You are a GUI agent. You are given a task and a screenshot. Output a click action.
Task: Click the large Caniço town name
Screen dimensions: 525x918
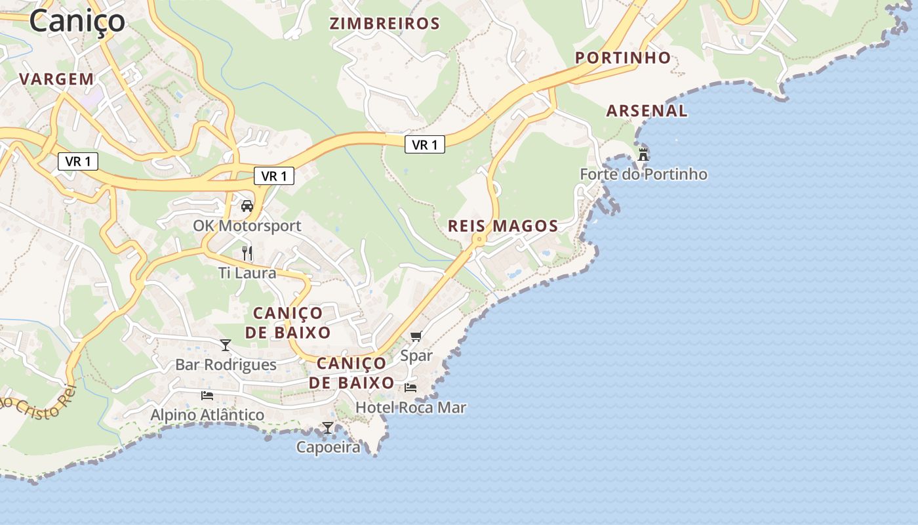[77, 20]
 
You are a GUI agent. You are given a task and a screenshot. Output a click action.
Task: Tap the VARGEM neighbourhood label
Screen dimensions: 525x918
[56, 79]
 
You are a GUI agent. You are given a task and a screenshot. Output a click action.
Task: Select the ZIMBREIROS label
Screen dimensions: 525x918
[384, 24]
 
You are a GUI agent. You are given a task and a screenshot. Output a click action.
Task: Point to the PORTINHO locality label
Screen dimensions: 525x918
[623, 58]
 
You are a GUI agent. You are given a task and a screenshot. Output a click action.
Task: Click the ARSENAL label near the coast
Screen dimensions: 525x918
[647, 111]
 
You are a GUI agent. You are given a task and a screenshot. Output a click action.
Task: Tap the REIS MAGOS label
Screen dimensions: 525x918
[503, 226]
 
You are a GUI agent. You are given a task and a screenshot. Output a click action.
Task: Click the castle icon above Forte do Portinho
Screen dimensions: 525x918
[643, 155]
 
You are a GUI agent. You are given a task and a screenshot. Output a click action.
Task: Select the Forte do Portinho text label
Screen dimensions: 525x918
[643, 175]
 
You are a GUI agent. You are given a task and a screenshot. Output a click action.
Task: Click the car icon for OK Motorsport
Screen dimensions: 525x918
[247, 206]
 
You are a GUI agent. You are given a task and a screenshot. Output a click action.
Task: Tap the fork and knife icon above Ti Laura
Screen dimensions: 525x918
[247, 253]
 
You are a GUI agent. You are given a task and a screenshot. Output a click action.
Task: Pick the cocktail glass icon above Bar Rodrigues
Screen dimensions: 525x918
[226, 345]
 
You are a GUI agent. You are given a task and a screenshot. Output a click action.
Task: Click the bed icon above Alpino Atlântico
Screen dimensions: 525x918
[207, 396]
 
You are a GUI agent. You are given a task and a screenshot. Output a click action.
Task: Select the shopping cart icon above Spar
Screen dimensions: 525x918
[416, 337]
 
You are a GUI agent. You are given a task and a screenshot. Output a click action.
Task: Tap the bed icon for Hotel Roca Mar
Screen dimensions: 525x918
[410, 388]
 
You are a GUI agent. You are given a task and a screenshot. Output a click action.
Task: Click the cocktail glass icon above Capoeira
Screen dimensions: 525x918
[327, 428]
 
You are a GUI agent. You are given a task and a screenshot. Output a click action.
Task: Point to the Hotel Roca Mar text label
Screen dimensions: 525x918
[410, 408]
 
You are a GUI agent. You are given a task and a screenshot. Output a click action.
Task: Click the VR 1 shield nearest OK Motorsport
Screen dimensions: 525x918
[274, 176]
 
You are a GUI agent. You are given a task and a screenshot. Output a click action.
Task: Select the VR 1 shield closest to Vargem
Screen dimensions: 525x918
[78, 161]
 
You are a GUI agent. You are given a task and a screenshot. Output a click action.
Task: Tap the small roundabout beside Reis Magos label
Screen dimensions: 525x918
[480, 240]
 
